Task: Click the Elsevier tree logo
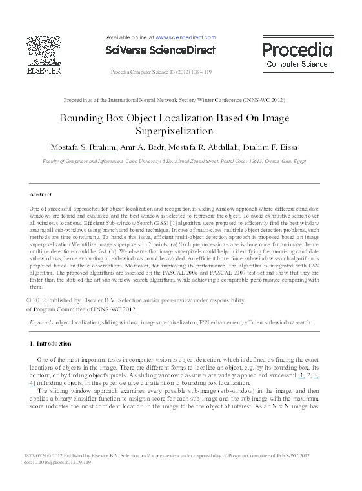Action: click(42, 50)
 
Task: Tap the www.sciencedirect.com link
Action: click(186, 38)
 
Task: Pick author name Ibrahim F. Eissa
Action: click(276, 147)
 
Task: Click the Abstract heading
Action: click(42, 194)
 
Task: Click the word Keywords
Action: click(42, 321)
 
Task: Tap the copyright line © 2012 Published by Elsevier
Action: click(136, 300)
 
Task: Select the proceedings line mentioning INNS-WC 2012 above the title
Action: click(174, 101)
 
